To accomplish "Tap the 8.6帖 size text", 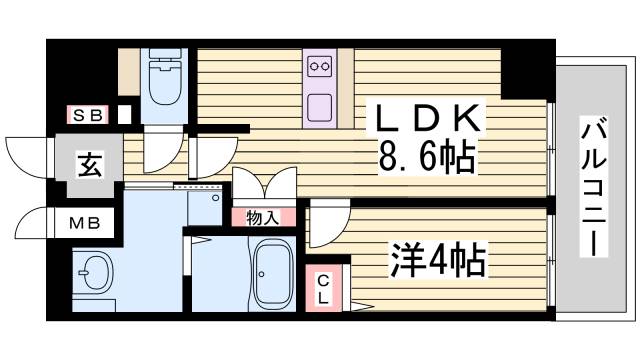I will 424,156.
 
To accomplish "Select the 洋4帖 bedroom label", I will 437,262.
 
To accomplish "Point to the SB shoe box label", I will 86,115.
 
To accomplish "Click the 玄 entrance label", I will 87,164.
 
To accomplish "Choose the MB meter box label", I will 84,222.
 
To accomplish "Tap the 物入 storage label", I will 264,216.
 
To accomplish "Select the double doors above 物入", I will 264,184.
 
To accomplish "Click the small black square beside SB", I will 123,115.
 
